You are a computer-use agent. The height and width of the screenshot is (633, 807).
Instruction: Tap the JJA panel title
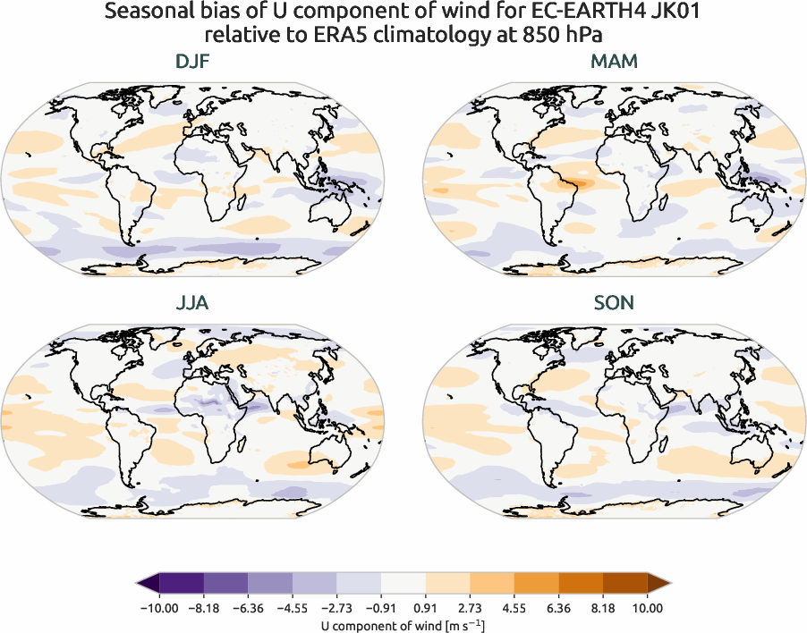[x=192, y=303]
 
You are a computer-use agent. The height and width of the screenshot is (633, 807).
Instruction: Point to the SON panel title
[x=615, y=303]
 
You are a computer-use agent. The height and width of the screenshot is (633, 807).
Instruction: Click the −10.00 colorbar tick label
[x=159, y=608]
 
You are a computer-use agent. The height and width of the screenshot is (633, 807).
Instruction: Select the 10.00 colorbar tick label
[x=648, y=608]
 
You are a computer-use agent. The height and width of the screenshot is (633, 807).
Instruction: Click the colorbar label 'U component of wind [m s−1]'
[x=403, y=625]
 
